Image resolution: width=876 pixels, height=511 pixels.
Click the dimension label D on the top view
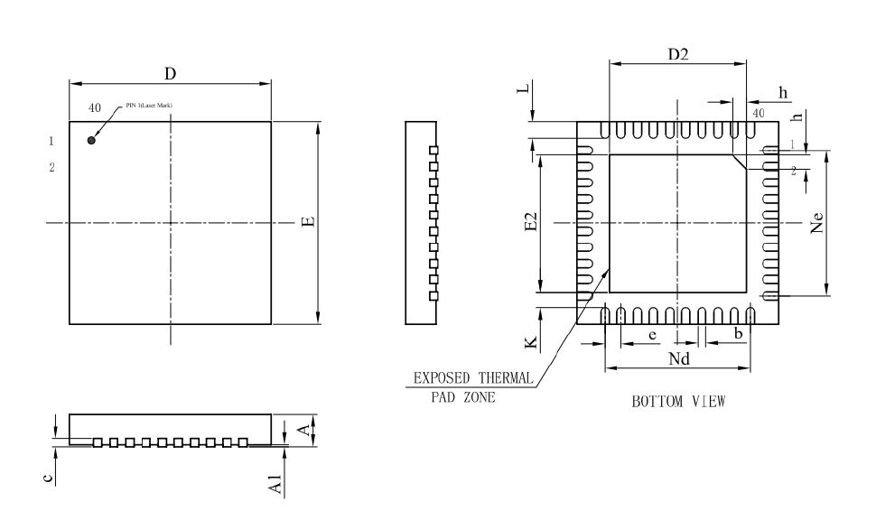tap(170, 71)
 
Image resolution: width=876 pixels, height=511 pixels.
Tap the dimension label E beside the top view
tap(309, 221)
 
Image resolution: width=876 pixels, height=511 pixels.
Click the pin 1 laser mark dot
tap(91, 140)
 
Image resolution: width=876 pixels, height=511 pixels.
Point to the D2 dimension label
tap(678, 54)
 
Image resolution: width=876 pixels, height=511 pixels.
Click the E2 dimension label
tap(532, 222)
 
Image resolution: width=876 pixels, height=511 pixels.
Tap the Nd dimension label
tap(679, 358)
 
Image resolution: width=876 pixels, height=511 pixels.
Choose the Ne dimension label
tap(818, 222)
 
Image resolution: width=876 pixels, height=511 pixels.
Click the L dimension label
tap(533, 93)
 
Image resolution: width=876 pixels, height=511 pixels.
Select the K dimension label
tap(532, 342)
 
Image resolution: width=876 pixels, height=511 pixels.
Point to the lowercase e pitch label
tap(652, 334)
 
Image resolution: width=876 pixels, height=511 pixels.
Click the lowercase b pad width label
tap(738, 334)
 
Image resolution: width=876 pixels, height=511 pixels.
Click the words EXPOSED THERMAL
tap(473, 378)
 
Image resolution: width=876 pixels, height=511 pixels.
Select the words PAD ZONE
tap(462, 397)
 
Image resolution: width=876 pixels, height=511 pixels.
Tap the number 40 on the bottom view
tap(759, 114)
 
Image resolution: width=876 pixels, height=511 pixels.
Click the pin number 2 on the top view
tap(52, 168)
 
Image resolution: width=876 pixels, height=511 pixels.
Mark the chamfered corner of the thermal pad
tap(740, 162)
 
